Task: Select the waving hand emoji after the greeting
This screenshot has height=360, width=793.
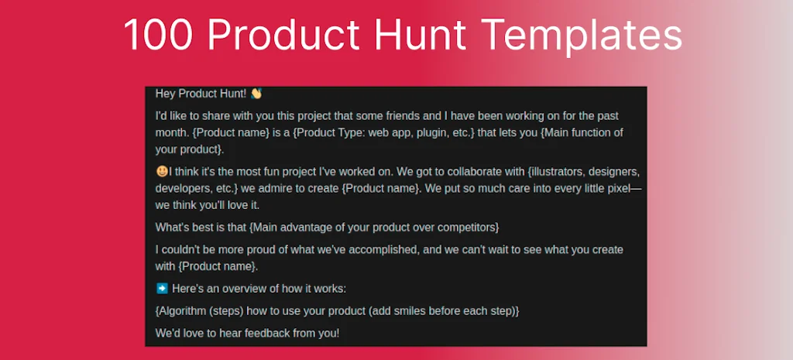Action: [x=256, y=94]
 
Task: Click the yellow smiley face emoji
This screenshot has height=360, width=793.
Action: [x=161, y=171]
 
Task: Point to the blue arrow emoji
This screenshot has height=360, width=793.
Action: [x=162, y=288]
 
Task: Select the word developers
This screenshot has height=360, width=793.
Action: [x=184, y=188]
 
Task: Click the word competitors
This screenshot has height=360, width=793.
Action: [x=467, y=227]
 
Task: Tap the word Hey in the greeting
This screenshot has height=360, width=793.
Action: [x=166, y=94]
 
